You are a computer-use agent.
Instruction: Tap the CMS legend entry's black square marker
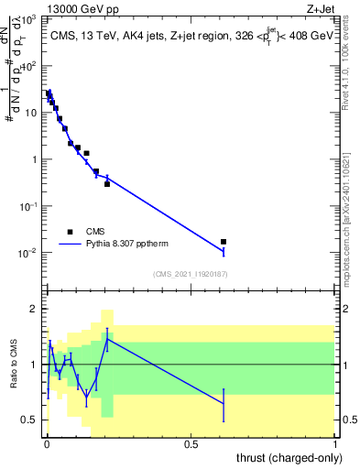click(69, 232)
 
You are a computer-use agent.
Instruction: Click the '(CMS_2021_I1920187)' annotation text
click(191, 273)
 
